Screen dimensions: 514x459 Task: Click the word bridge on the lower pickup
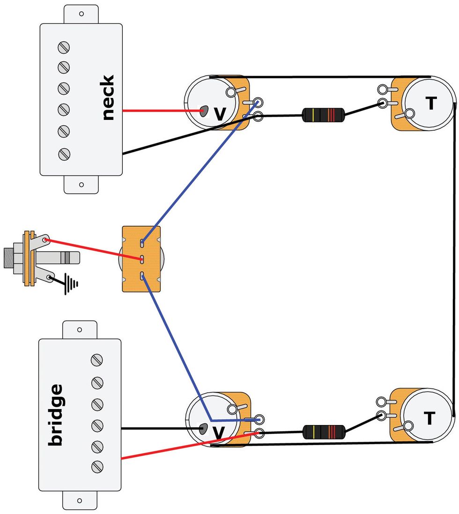(x=56, y=414)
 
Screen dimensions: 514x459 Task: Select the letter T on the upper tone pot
(x=430, y=104)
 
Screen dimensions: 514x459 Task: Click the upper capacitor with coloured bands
(x=323, y=115)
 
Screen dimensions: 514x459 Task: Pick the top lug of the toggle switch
(x=142, y=243)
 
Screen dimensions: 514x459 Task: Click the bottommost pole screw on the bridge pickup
(x=97, y=466)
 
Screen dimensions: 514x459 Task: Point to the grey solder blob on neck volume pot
(x=204, y=112)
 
